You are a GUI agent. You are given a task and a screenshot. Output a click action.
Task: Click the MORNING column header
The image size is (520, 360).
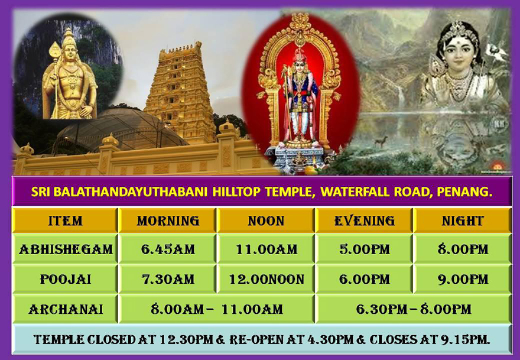168,220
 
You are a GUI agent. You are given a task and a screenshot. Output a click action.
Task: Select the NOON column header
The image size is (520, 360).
266,220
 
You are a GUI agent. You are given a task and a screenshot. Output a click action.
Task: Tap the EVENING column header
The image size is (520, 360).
365,220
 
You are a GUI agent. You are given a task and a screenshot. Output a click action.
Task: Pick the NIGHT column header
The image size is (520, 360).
463,220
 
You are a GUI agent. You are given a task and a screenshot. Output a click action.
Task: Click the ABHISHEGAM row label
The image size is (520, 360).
66,249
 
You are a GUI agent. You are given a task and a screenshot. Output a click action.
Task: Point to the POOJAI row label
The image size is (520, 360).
66,280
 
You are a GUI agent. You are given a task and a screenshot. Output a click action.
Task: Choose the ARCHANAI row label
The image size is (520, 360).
66,309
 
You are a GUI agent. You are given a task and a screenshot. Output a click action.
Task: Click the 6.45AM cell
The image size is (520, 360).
168,249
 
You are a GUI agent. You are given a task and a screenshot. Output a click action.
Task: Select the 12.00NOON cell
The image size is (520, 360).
266,280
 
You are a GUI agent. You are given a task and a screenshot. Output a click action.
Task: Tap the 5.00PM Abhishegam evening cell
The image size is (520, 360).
365,249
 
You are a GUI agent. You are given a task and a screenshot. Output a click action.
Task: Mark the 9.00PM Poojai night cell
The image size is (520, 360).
463,280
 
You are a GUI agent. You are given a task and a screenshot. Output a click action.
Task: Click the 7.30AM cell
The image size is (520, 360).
168,280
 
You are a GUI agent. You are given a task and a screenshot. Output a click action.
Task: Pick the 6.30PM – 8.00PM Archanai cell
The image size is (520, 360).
414,309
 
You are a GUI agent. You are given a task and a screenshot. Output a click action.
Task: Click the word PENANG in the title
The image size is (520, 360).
464,192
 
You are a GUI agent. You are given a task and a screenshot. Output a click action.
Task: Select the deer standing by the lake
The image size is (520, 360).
381,141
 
